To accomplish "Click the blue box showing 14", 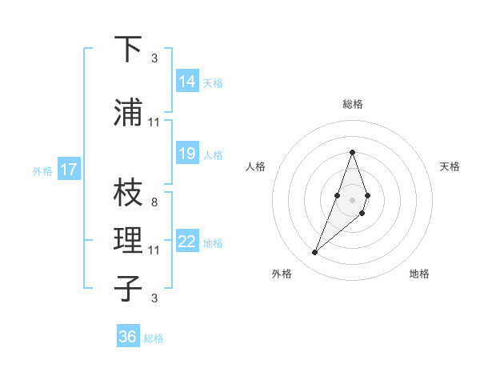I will [x=187, y=81].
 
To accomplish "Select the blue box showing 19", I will [x=187, y=154].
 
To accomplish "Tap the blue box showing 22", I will [x=187, y=242].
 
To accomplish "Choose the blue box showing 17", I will [x=68, y=170].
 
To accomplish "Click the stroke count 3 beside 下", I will [x=154, y=58].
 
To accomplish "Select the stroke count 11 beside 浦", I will [x=154, y=122].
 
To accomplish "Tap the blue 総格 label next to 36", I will [x=154, y=338].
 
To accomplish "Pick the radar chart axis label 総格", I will [x=353, y=104].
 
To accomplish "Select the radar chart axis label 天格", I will [x=450, y=166].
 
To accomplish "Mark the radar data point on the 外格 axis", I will [x=315, y=253].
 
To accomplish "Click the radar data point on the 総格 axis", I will [x=353, y=152].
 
